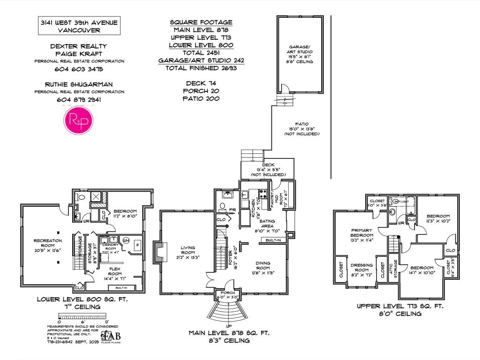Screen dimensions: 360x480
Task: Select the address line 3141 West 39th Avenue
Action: (79, 22)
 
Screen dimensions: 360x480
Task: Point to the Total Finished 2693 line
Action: (201, 68)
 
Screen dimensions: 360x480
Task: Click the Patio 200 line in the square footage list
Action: (201, 98)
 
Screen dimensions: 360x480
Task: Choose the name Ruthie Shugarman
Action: (79, 84)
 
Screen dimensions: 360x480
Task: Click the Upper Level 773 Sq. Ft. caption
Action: (399, 306)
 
